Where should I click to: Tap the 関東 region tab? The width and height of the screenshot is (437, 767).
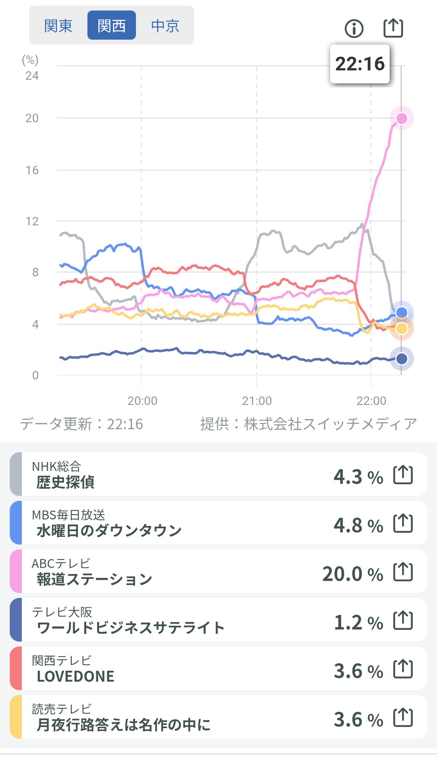tap(58, 26)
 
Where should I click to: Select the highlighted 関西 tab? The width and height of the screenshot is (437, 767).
tap(112, 26)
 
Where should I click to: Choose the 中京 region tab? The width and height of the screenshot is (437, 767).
tap(165, 26)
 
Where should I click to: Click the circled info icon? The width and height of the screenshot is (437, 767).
tap(354, 28)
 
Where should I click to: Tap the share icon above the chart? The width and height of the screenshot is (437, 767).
tap(393, 28)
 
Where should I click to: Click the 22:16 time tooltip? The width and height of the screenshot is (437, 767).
tap(360, 64)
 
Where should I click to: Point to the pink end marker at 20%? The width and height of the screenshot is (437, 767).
tap(401, 118)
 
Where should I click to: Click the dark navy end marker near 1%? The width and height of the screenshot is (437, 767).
tap(401, 358)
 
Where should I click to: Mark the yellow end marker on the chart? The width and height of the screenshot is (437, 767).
tap(401, 328)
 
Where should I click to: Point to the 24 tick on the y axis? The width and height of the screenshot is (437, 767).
tap(32, 76)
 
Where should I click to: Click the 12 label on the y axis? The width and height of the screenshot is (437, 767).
tap(32, 221)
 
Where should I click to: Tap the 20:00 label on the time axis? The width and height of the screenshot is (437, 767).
tap(142, 401)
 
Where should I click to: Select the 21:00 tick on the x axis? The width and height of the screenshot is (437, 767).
tap(257, 401)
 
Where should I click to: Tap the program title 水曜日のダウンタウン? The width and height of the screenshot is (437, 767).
tap(109, 530)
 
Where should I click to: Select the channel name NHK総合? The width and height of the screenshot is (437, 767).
tap(57, 466)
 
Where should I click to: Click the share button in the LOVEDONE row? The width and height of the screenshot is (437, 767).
tap(403, 669)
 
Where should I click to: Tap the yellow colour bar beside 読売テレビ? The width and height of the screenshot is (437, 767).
tap(16, 717)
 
